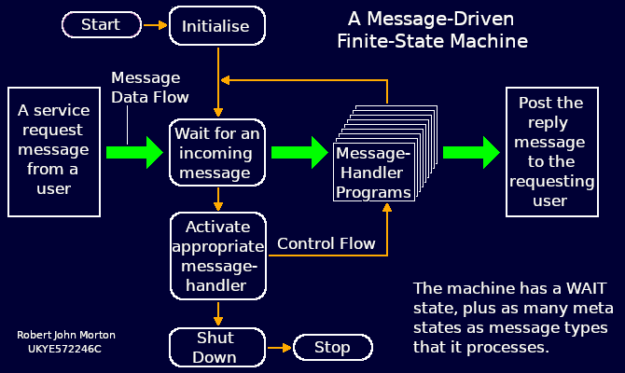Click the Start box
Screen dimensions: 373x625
pyautogui.click(x=101, y=25)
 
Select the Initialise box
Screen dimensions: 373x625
pyautogui.click(x=216, y=26)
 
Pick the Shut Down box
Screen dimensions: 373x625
pyautogui.click(x=216, y=347)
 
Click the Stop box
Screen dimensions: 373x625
pyautogui.click(x=332, y=348)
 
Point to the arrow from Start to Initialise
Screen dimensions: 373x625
pyautogui.click(x=155, y=25)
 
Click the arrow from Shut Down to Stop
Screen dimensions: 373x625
pyautogui.click(x=279, y=348)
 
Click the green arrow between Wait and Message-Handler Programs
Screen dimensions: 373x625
pyautogui.click(x=301, y=152)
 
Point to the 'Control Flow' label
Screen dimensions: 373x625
pyautogui.click(x=326, y=243)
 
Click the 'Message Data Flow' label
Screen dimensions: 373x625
pyautogui.click(x=149, y=87)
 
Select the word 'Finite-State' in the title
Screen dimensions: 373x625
pyautogui.click(x=387, y=41)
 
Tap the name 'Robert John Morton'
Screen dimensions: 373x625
pyautogui.click(x=66, y=335)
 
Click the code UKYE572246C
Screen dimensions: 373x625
pyautogui.click(x=64, y=349)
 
